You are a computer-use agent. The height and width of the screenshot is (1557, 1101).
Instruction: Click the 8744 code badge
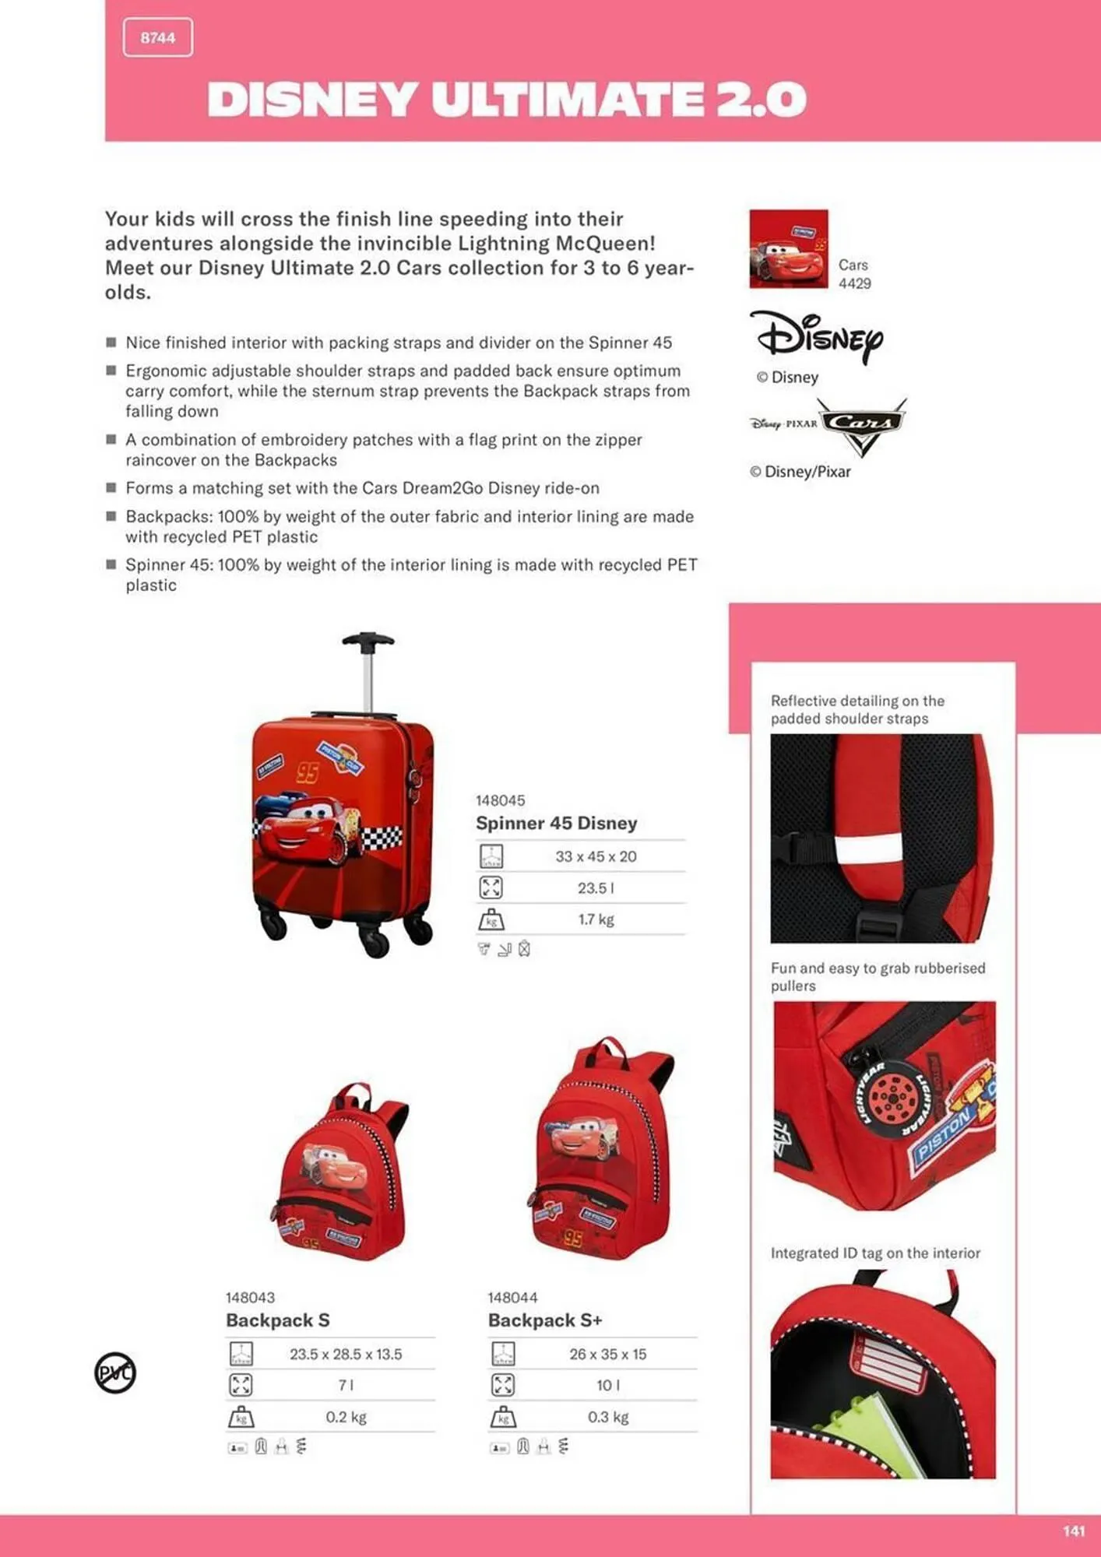(x=158, y=38)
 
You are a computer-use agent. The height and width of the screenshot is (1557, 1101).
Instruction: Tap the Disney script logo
(x=817, y=336)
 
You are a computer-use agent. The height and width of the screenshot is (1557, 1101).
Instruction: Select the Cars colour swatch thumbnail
(x=788, y=248)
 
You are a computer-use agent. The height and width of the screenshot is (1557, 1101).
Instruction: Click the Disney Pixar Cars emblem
(x=828, y=425)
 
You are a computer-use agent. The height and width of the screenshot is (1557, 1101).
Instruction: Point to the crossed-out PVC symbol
(x=115, y=1372)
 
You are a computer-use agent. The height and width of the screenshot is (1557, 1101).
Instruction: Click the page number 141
(x=1073, y=1531)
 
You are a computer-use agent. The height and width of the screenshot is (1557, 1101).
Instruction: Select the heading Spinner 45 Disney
(x=556, y=823)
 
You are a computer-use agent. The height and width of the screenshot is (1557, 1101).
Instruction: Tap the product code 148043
(x=250, y=1297)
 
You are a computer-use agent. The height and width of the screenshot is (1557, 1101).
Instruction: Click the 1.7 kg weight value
(x=596, y=919)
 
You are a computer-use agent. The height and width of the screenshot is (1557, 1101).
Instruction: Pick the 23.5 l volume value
(x=596, y=888)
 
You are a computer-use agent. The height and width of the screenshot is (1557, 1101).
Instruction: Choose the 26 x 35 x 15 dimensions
(x=607, y=1354)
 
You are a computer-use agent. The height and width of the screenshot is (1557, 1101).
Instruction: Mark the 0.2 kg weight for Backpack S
(x=346, y=1417)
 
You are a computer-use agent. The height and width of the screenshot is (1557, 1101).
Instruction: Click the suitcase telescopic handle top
(x=368, y=640)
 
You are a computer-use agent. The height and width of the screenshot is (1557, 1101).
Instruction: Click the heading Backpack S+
(x=545, y=1320)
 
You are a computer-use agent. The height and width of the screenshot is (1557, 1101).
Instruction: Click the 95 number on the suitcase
(x=308, y=772)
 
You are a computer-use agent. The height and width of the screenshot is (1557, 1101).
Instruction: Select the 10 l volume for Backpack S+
(x=607, y=1385)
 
